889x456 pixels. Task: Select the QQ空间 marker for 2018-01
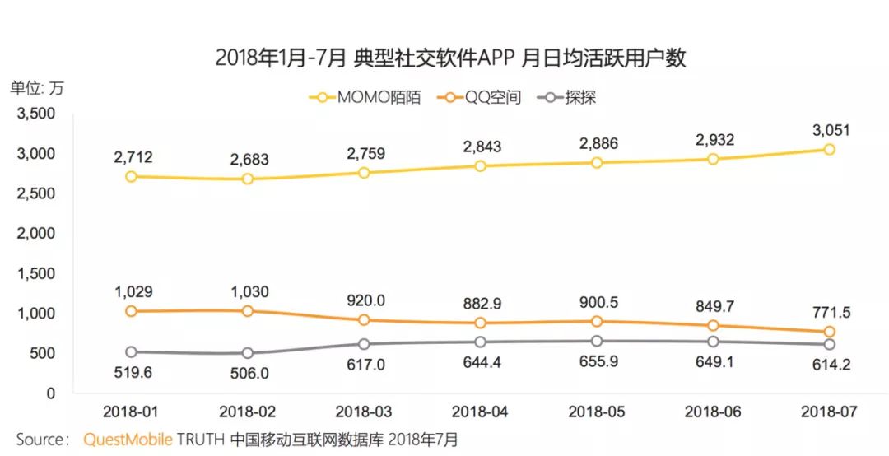[x=132, y=311]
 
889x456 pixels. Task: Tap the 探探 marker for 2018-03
[x=365, y=344]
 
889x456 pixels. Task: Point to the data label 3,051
[x=830, y=130]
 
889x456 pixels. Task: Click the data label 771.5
[x=830, y=313]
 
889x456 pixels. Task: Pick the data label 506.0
[x=249, y=373]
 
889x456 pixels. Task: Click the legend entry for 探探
[x=570, y=97]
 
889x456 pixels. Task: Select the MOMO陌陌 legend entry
[x=368, y=97]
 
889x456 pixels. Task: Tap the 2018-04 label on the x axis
[x=481, y=409]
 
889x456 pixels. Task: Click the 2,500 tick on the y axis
[x=37, y=194]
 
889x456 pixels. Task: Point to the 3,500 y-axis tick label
[x=37, y=114]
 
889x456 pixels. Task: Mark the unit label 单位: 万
[x=36, y=86]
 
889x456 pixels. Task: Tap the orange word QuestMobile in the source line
[x=128, y=440]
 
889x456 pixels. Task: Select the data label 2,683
[x=249, y=160]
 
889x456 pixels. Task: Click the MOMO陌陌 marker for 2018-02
[x=249, y=179]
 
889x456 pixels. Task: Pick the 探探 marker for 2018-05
[x=597, y=341]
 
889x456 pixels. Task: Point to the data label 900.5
[x=597, y=303]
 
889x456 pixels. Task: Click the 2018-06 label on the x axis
[x=713, y=409]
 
